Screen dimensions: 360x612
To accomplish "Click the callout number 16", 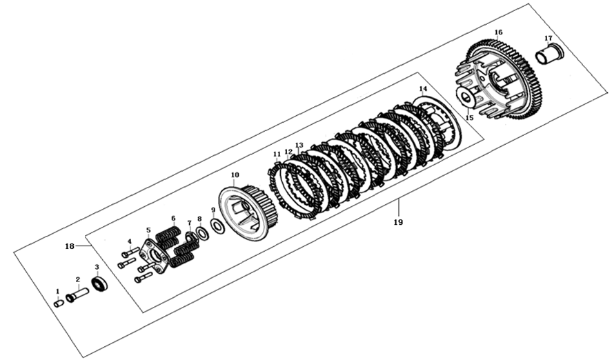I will pyautogui.click(x=498, y=32).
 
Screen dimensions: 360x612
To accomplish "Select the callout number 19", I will pyautogui.click(x=398, y=223).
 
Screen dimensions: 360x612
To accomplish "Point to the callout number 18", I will pyautogui.click(x=70, y=246).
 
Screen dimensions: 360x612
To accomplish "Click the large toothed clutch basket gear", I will pyautogui.click(x=504, y=83).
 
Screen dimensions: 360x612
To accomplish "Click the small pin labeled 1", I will pyautogui.click(x=59, y=302).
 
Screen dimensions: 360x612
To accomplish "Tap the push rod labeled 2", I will pyautogui.click(x=77, y=295).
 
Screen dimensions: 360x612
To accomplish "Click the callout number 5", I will pyautogui.click(x=148, y=230).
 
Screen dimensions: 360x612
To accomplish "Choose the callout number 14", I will pyautogui.click(x=423, y=90).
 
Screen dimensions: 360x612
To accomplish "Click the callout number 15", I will pyautogui.click(x=469, y=118).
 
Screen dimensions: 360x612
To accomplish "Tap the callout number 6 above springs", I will pyautogui.click(x=173, y=218).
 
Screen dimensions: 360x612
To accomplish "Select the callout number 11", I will pyautogui.click(x=276, y=154).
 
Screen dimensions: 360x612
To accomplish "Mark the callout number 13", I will pyautogui.click(x=299, y=146).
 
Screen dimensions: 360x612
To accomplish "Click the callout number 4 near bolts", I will pyautogui.click(x=129, y=241).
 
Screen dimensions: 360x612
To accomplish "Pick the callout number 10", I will pyautogui.click(x=235, y=175).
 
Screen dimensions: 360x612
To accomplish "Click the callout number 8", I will pyautogui.click(x=199, y=219).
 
